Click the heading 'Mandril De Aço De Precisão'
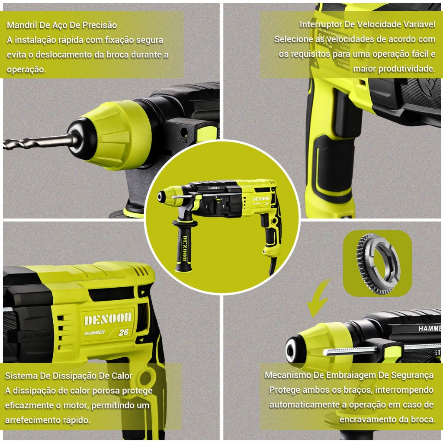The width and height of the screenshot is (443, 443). (x=62, y=25)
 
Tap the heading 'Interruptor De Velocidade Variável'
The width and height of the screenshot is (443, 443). (x=367, y=25)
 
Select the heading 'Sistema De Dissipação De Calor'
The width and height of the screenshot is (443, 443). (x=69, y=376)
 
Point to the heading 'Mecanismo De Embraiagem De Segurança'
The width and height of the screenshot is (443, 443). (x=349, y=375)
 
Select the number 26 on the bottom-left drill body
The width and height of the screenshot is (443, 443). (x=123, y=332)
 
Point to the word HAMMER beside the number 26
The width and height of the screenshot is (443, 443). (x=95, y=333)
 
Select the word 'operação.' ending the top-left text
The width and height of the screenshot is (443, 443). (x=26, y=70)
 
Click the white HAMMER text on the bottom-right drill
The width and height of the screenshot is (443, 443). (x=430, y=328)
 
